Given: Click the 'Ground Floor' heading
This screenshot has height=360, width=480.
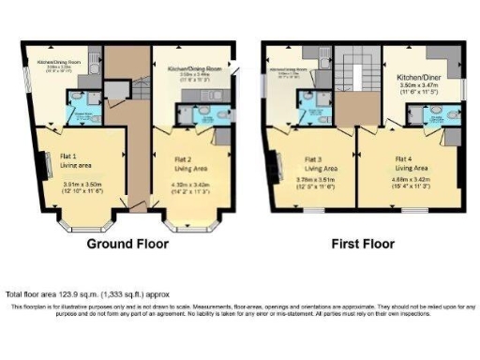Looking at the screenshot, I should [x=127, y=244].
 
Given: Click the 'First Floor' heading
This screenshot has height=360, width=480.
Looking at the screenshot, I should [x=364, y=244].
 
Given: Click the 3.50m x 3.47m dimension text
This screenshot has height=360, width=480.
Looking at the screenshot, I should [x=415, y=85].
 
